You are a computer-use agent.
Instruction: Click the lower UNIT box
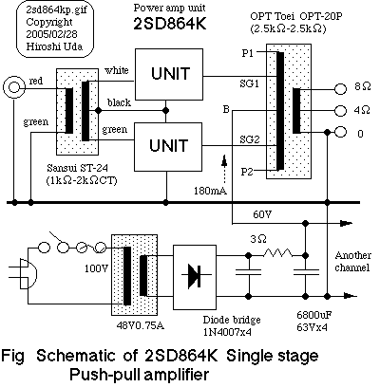(x=167, y=145)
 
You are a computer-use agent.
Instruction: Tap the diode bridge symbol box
(x=195, y=274)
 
